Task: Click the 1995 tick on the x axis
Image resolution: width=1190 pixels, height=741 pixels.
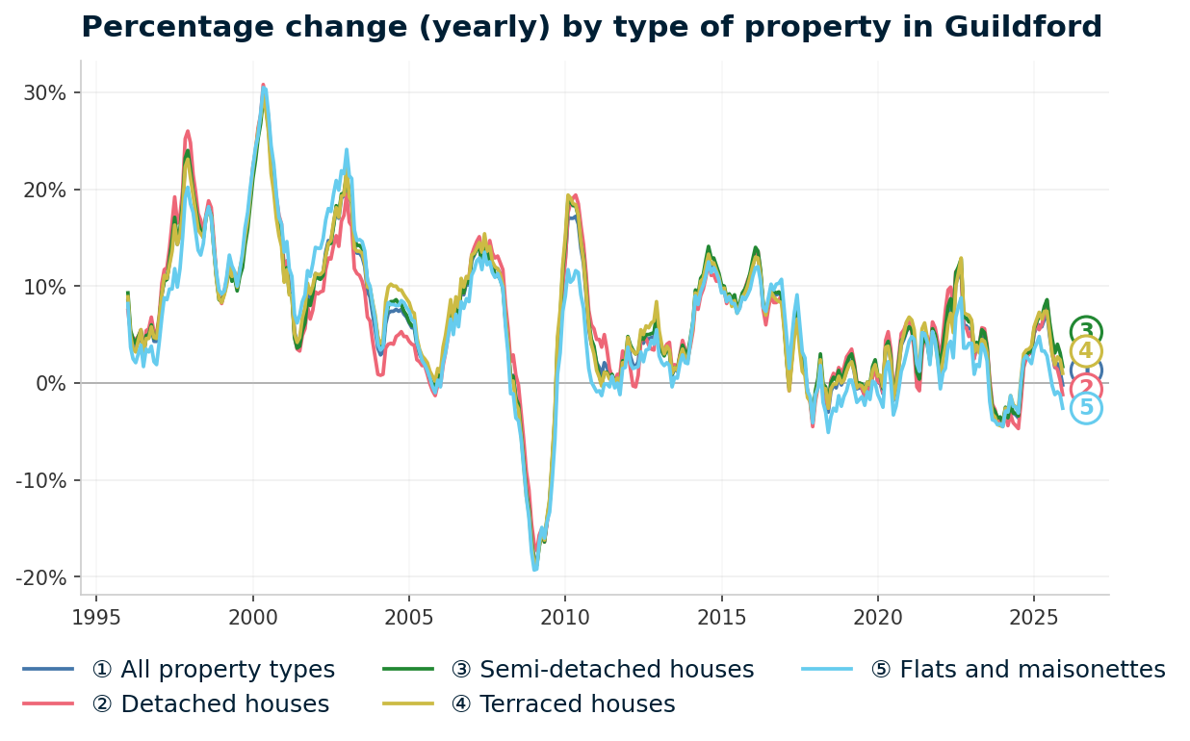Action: pos(96,616)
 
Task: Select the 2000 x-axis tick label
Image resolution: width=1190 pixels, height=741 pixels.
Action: pos(252,616)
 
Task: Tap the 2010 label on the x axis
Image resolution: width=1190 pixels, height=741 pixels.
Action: pos(565,616)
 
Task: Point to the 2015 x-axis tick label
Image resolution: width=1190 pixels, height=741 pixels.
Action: pos(721,616)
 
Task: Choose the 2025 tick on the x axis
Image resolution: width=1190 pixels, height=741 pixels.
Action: pos(1033,616)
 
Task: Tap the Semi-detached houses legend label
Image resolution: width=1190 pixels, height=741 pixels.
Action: pos(602,670)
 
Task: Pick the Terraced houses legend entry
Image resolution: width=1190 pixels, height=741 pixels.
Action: pos(562,704)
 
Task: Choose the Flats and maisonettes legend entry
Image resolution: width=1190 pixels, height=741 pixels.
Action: pos(1018,670)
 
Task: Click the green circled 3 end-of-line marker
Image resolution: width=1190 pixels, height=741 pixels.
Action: pos(1086,331)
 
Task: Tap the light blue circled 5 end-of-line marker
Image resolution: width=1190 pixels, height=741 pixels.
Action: pos(1086,408)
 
